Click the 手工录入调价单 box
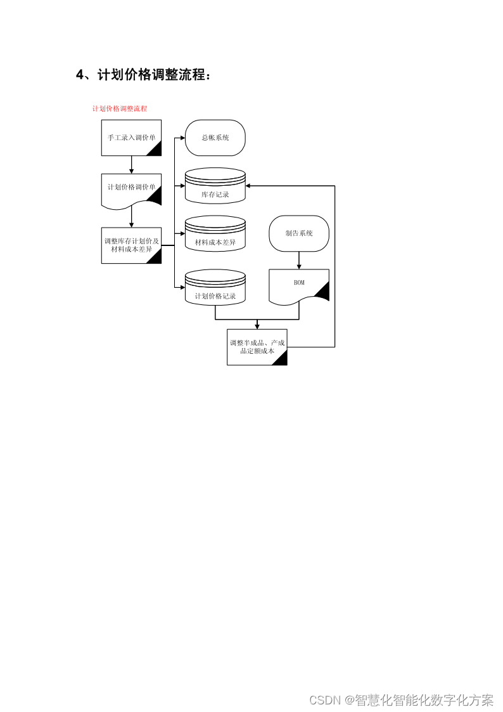(131, 138)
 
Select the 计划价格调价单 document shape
(131, 188)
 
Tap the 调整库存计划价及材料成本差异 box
(131, 245)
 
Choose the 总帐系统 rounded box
(215, 138)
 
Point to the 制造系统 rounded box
(299, 233)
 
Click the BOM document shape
(299, 285)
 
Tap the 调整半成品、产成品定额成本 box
(257, 347)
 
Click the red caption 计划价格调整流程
(120, 108)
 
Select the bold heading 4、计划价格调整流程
(143, 75)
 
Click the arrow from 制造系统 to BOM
(299, 260)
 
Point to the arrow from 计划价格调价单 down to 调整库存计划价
(131, 217)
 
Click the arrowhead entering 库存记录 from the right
(250, 186)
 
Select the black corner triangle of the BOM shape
(322, 292)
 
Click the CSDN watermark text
(401, 700)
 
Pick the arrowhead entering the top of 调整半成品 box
(257, 326)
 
